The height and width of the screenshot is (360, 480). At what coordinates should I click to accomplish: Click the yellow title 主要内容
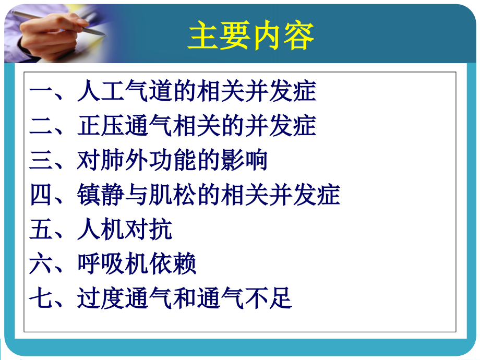(251, 35)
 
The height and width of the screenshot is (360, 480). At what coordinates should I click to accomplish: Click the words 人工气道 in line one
(125, 92)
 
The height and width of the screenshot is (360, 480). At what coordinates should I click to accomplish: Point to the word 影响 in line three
(244, 160)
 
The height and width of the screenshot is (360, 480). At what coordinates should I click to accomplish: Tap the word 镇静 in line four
(101, 195)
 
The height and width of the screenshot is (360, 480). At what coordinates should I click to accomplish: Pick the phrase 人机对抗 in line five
(125, 229)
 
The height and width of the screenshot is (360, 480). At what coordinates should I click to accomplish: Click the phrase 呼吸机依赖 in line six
(137, 263)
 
